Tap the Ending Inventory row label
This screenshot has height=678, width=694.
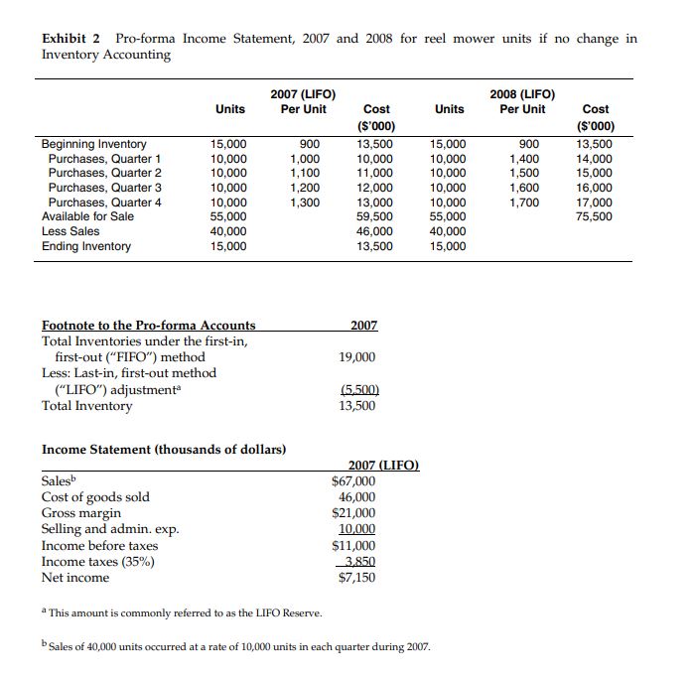coord(86,246)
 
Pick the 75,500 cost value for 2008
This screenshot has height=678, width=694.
coord(595,216)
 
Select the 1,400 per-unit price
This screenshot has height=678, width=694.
coord(525,159)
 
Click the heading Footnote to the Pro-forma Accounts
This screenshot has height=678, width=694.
coord(148,325)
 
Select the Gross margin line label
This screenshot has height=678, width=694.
coord(81,513)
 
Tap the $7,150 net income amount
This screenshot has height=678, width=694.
coord(356,578)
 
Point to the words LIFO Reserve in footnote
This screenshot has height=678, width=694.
coord(267,613)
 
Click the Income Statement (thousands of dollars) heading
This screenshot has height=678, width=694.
coord(164,450)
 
